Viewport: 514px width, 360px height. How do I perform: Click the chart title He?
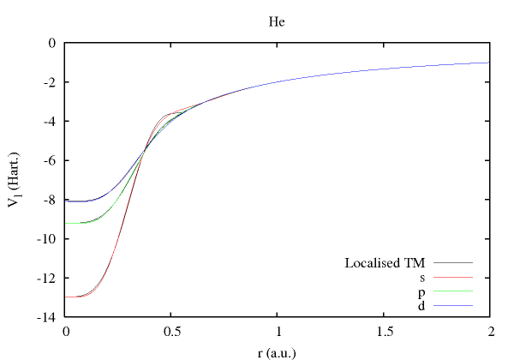[x=277, y=21]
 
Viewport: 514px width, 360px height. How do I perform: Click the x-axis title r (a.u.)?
[x=277, y=351]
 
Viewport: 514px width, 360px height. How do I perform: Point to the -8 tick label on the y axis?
[x=51, y=201]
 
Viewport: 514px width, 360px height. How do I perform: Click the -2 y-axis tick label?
[x=51, y=82]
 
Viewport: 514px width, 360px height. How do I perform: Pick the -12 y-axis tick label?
[x=47, y=279]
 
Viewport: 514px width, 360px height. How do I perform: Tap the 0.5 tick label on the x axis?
[x=171, y=331]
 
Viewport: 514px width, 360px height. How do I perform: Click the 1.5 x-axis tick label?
[x=384, y=331]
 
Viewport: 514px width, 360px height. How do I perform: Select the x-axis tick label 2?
[x=490, y=331]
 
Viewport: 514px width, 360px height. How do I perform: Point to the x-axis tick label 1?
[x=278, y=331]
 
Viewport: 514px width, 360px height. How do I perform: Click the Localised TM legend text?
[x=385, y=262]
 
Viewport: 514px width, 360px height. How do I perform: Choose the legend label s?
[x=422, y=277]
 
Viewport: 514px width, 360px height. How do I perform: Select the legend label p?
[x=422, y=291]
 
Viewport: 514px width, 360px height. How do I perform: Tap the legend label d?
[x=422, y=305]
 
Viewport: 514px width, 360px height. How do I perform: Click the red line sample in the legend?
[x=453, y=277]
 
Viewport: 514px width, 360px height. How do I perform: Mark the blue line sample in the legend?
[x=453, y=305]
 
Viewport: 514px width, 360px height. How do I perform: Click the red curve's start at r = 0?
[x=66, y=297]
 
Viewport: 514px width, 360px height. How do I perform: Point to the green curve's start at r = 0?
[x=66, y=223]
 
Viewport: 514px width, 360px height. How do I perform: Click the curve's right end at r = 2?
[x=489, y=63]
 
